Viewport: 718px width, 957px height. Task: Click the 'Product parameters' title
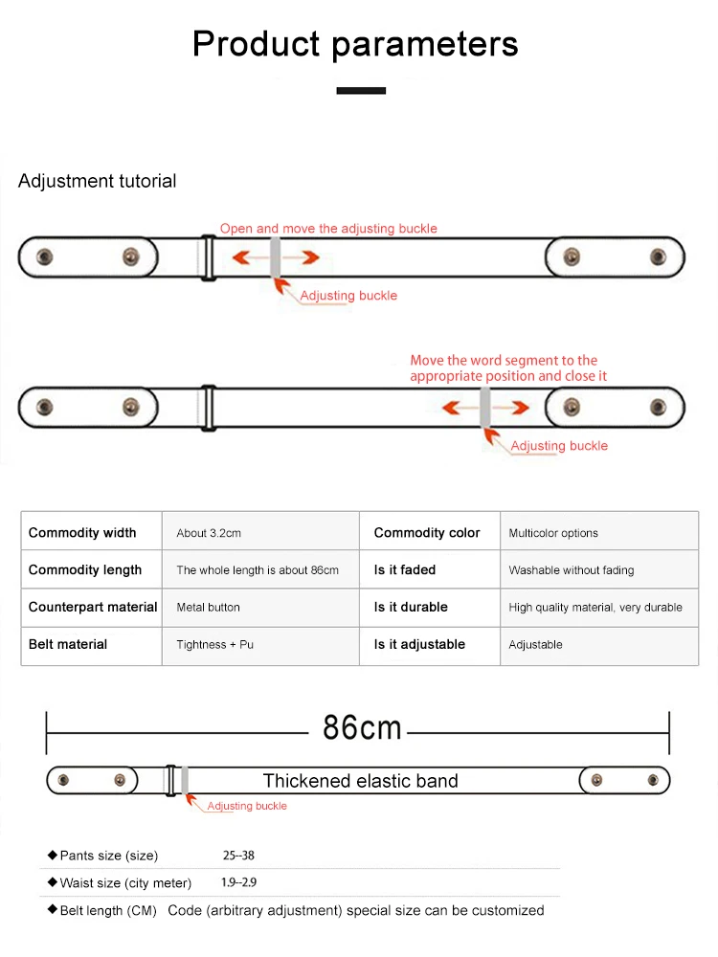355,44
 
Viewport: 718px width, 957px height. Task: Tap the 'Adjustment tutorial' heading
97,181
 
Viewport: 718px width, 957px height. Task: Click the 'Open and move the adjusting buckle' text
328,229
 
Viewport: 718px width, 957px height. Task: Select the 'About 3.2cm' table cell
209,533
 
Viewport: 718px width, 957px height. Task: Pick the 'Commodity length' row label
85,569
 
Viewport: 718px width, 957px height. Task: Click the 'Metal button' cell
209,607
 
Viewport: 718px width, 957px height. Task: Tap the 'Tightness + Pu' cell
215,644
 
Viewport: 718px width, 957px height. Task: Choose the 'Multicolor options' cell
553,533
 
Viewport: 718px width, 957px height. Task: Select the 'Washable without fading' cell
572,570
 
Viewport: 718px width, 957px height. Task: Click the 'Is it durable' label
411,607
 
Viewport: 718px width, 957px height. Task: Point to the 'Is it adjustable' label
419,644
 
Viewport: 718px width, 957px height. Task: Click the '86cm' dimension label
361,728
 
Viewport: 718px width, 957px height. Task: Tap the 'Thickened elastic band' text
361,781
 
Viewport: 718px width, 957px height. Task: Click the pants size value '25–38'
238,856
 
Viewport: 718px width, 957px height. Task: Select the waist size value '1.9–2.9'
238,882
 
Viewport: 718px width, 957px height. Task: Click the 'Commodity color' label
427,533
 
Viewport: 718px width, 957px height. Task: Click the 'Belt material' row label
68,644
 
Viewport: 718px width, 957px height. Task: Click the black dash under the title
361,91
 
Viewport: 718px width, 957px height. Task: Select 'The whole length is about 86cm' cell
258,570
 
